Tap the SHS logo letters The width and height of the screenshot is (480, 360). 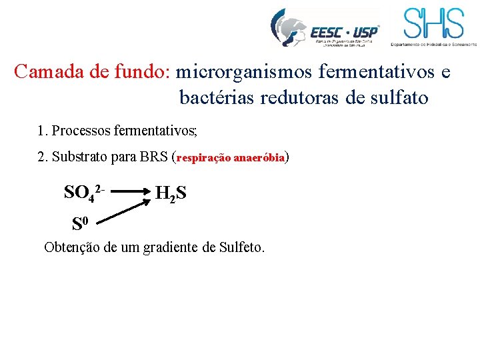(x=433, y=23)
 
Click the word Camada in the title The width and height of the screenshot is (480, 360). (x=45, y=71)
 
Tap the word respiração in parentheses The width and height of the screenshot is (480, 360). (x=203, y=159)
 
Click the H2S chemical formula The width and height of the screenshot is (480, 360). (x=171, y=194)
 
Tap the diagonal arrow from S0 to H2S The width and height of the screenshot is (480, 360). (x=126, y=208)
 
